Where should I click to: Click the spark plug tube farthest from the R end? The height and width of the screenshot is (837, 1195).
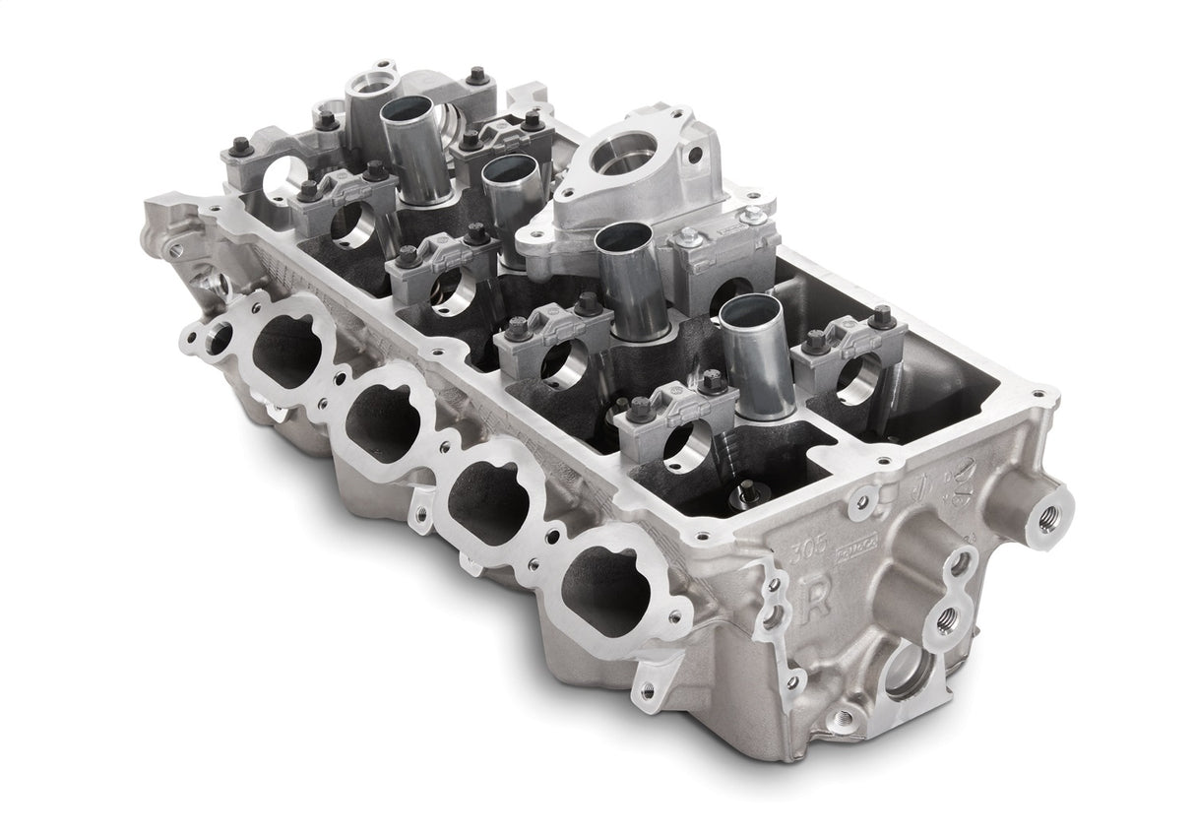pos(410,148)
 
